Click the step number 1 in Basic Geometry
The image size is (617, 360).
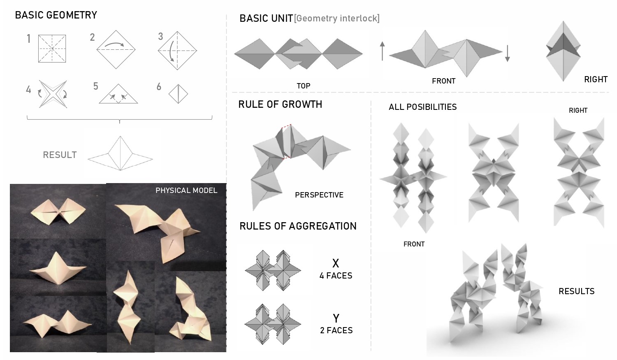(29, 39)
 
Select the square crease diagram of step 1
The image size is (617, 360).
(52, 49)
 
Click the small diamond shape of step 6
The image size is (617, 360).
(178, 94)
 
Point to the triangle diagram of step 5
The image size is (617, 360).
(118, 94)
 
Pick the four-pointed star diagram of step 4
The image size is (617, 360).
(53, 94)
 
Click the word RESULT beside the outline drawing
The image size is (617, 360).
(60, 155)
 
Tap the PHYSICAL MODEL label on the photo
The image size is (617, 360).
(186, 190)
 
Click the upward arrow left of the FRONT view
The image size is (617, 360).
(382, 51)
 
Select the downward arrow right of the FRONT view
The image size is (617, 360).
(507, 53)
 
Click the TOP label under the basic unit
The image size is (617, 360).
(304, 86)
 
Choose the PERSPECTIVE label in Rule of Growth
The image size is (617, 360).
(319, 195)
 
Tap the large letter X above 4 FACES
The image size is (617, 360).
(336, 264)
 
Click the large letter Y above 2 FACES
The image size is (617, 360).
(336, 318)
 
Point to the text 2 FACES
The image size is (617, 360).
(336, 330)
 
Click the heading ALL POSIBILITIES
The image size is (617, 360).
(422, 107)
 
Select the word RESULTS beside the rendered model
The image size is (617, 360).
(577, 291)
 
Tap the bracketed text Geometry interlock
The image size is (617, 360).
(336, 19)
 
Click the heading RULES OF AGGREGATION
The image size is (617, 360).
(298, 226)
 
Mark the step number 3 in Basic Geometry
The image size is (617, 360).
(160, 36)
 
